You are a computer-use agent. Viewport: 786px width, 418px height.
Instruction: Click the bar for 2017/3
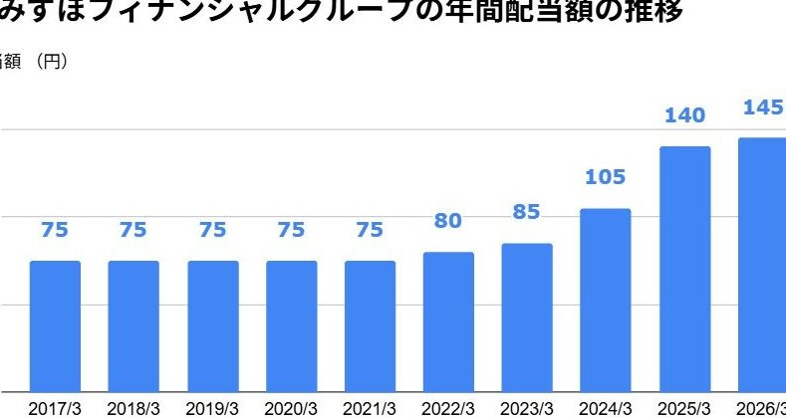click(55, 325)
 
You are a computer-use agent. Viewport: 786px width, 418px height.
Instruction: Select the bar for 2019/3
click(213, 325)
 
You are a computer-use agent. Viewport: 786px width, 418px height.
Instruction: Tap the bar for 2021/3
click(370, 325)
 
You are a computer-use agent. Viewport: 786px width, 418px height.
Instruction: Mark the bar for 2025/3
click(684, 268)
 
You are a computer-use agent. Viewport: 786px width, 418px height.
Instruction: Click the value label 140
click(684, 115)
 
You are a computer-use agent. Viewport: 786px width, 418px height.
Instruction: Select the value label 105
click(606, 178)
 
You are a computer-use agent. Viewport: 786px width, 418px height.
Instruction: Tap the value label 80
click(448, 221)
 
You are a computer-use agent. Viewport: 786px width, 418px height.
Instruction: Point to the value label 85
click(527, 212)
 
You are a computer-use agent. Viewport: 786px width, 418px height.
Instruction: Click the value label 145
click(763, 106)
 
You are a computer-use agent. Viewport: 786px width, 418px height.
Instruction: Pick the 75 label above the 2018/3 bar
click(133, 230)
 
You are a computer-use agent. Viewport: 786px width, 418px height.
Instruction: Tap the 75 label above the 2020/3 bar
click(291, 230)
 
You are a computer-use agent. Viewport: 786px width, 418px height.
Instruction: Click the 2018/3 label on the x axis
click(133, 408)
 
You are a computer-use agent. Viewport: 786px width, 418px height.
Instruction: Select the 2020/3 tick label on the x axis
click(291, 408)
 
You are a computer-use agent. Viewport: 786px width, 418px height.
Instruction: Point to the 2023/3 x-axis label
click(527, 408)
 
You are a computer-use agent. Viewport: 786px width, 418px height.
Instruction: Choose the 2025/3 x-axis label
click(684, 408)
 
